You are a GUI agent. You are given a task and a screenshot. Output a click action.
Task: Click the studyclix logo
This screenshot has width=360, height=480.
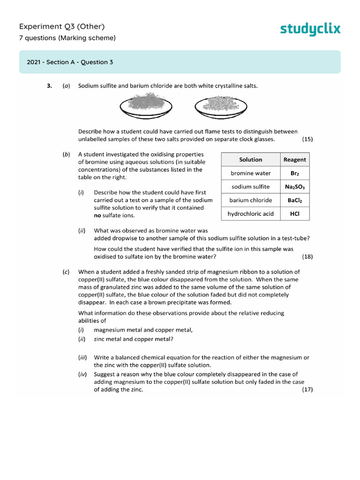[x=310, y=29]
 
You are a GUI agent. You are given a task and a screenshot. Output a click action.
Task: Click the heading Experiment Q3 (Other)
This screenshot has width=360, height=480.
[x=62, y=26]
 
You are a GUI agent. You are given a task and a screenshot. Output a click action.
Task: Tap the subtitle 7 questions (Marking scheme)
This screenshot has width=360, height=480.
[x=67, y=38]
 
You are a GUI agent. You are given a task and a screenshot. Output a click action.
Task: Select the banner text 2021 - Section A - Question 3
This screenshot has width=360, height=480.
[x=70, y=62]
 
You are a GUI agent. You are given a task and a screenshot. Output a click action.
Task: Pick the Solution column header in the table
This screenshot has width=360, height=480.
[x=250, y=159]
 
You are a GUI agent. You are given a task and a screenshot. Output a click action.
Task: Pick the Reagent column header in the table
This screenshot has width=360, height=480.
[x=294, y=159]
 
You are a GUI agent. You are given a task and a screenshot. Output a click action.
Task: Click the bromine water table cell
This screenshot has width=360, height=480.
[x=250, y=173]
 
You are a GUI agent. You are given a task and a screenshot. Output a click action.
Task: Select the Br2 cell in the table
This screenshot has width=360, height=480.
[x=294, y=173]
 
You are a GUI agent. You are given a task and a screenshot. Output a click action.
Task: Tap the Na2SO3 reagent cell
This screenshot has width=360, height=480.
[x=294, y=187]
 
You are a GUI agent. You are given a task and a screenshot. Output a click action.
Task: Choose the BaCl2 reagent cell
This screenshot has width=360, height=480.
[x=294, y=200]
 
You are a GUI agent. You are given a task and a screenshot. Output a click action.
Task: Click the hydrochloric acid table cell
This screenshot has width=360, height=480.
[x=250, y=214]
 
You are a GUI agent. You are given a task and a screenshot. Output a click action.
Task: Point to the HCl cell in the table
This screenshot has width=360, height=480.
[x=294, y=214]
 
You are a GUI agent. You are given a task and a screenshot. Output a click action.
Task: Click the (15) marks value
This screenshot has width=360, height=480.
[x=307, y=139]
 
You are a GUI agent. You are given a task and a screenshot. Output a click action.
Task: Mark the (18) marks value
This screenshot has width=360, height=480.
[x=307, y=256]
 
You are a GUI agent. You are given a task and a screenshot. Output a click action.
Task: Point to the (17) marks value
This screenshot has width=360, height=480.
[x=307, y=390]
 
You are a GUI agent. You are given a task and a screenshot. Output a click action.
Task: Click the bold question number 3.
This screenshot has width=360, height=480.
[x=49, y=86]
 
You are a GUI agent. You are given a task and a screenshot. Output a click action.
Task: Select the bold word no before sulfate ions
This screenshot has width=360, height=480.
[x=98, y=215]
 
